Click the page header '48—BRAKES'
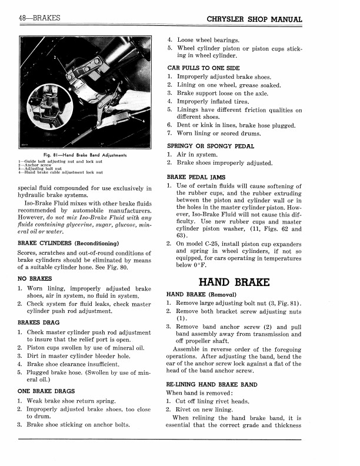point(39,18)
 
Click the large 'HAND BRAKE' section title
point(235,281)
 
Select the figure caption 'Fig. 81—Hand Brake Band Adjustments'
point(85,155)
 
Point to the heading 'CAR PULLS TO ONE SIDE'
point(204,68)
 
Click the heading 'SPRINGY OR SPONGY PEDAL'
point(211,146)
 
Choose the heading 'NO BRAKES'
point(35,278)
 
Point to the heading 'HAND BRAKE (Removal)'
point(202,294)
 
